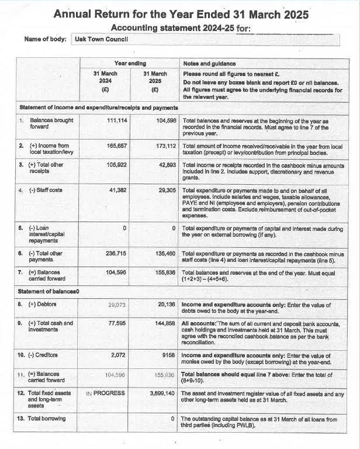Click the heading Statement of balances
(x=50, y=291)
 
